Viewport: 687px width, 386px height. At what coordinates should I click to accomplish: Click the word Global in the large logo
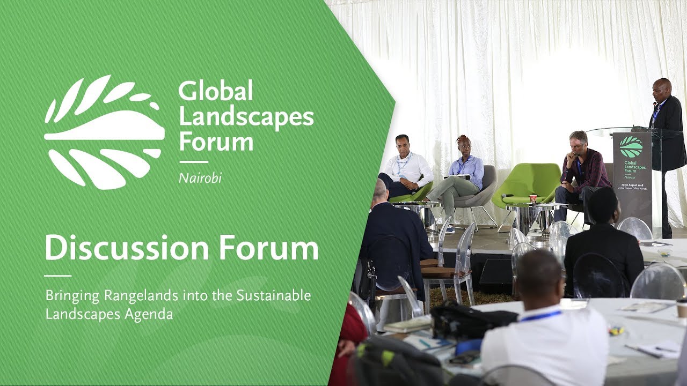point(215,92)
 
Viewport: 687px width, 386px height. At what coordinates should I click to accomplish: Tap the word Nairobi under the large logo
point(200,178)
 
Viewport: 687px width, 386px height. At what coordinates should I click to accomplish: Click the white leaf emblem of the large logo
point(104,132)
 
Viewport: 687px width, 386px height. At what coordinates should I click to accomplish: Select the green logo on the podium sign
point(631,146)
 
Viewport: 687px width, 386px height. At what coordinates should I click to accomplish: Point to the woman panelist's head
point(463,144)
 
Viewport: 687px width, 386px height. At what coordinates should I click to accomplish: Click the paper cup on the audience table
point(682,307)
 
